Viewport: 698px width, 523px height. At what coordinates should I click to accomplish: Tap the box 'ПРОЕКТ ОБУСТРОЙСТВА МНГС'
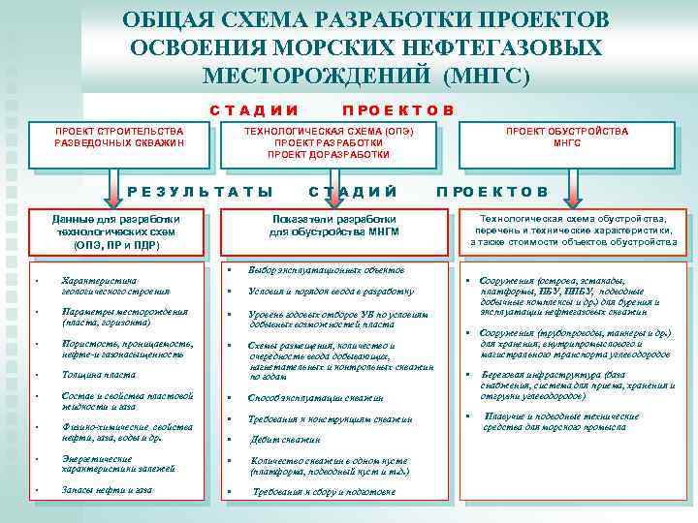pos(567,137)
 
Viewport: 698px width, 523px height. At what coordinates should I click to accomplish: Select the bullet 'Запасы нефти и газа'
pos(107,490)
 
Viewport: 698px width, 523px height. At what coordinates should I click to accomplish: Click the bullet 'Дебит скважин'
pos(284,439)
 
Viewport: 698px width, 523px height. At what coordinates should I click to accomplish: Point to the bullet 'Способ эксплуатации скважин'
pos(315,398)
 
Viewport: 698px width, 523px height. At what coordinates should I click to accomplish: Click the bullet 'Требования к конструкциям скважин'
pos(330,419)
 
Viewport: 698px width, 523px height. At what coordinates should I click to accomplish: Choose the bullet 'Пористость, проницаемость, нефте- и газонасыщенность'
pos(126,349)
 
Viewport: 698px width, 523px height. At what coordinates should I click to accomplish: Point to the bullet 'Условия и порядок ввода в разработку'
pos(331,291)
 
